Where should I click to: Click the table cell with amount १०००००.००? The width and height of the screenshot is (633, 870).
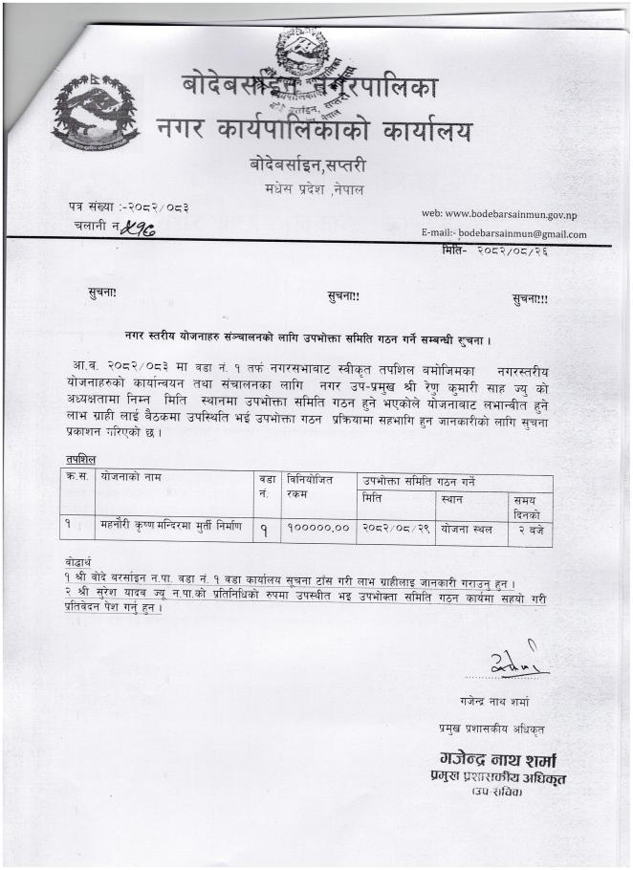click(316, 528)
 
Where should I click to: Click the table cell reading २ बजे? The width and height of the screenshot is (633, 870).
click(530, 528)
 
